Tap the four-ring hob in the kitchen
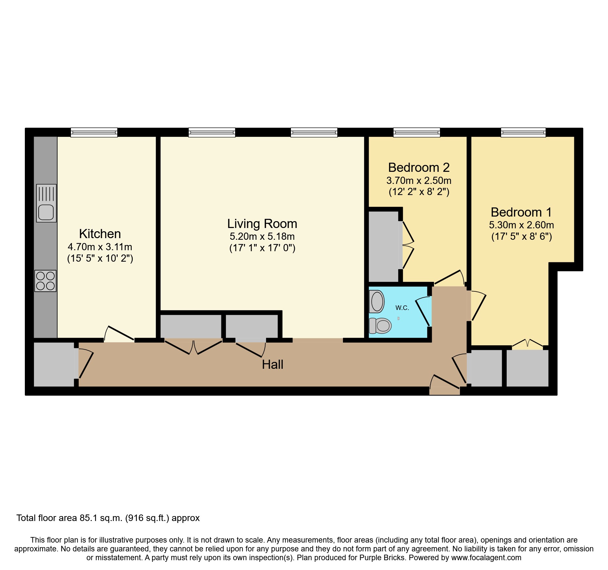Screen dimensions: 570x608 [45, 281]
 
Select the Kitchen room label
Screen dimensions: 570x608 [100, 234]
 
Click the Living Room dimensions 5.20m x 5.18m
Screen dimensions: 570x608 [262, 236]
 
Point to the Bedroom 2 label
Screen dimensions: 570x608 [419, 168]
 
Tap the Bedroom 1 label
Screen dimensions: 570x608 [521, 212]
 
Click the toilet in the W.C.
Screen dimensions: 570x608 [381, 325]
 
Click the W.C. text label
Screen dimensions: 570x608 [402, 308]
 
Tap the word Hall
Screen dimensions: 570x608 [272, 365]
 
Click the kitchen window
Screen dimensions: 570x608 [94, 132]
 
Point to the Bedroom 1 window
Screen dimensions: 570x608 [523, 132]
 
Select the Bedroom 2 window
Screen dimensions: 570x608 [416, 132]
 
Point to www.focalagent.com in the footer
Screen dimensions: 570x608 [486, 558]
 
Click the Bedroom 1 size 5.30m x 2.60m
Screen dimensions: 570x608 [521, 225]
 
